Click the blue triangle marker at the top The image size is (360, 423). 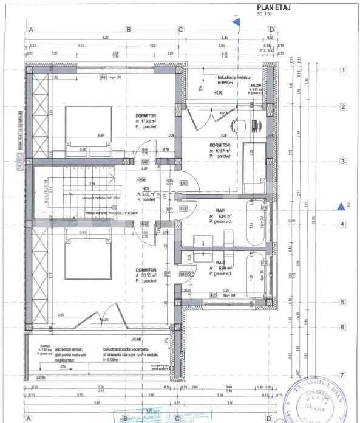(x=237, y=21)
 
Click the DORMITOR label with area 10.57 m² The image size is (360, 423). (x=220, y=146)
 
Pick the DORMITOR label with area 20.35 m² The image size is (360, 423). (x=146, y=269)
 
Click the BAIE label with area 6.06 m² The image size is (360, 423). (x=220, y=262)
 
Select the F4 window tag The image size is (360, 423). (x=103, y=78)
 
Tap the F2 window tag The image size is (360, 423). (x=213, y=294)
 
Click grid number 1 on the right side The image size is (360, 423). (x=343, y=70)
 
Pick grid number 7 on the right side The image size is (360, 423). (x=343, y=375)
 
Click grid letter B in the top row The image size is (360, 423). (x=128, y=29)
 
